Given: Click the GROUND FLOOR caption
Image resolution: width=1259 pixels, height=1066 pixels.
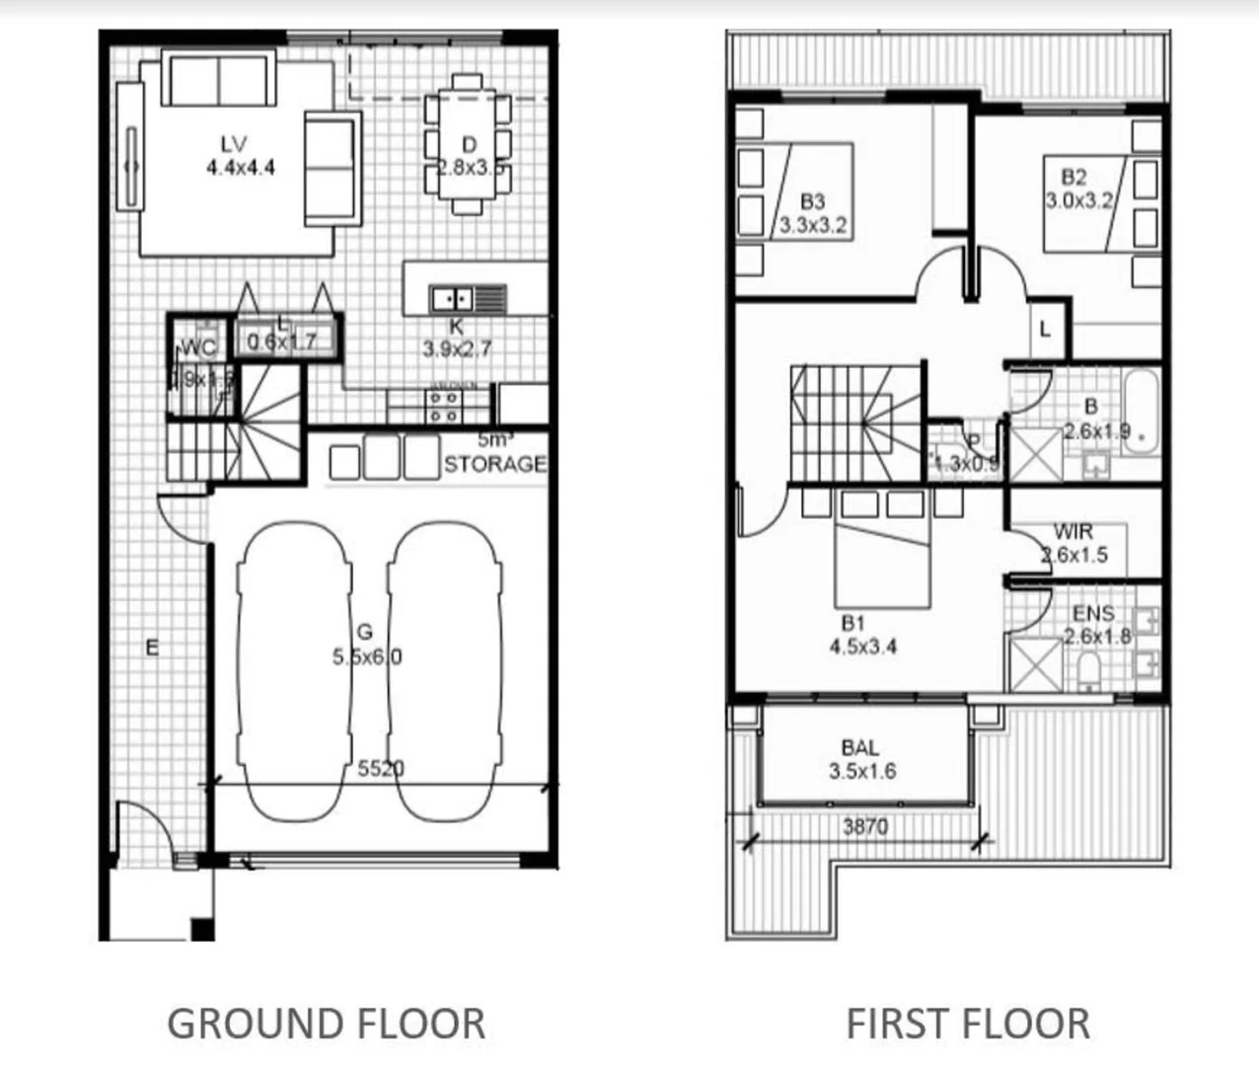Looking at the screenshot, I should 326,1024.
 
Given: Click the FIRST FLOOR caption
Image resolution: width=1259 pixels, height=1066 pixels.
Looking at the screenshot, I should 968,1024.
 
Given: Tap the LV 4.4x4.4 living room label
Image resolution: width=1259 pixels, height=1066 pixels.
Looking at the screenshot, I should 240,157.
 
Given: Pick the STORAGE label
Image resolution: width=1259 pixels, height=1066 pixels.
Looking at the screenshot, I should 494,463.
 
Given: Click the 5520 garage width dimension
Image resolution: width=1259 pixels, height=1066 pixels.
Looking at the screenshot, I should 381,768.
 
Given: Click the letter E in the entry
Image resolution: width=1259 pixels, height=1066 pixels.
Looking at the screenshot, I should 152,647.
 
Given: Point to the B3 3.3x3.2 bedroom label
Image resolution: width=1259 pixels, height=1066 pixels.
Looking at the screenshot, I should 812,213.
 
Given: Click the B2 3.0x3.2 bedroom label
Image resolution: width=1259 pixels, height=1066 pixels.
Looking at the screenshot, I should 1077,189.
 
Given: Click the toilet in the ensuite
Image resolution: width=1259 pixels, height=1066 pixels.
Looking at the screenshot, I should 1089,672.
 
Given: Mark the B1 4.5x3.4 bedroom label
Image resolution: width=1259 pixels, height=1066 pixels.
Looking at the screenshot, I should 862,635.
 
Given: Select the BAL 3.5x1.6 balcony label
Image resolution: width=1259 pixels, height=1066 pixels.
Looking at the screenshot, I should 861,760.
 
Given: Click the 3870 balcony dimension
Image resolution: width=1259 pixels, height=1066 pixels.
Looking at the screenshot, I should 864,826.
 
